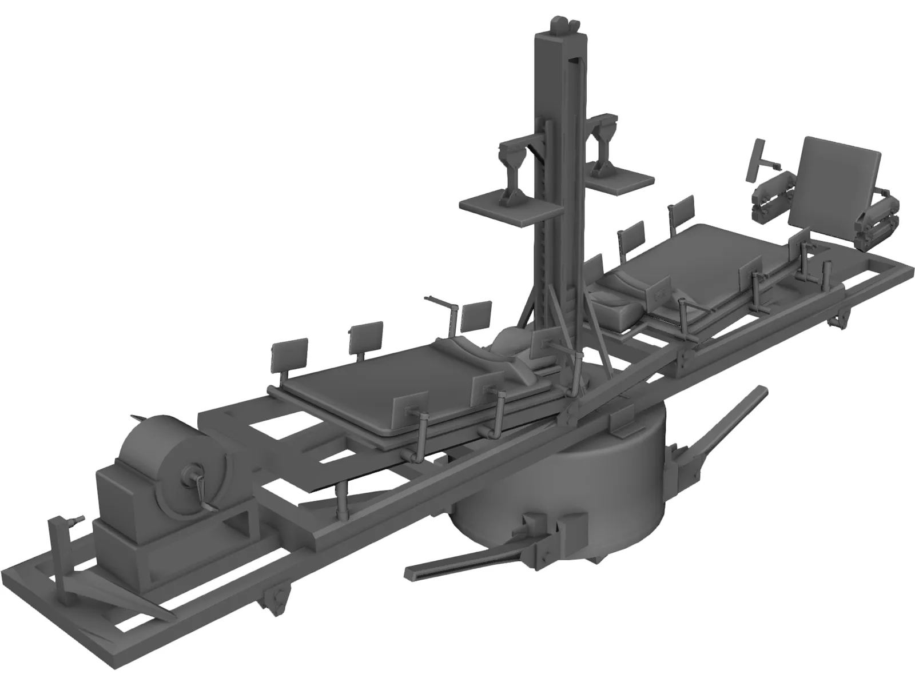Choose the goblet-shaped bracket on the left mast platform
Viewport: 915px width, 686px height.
[512, 166]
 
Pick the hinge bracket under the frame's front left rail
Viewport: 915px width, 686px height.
[274, 612]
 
